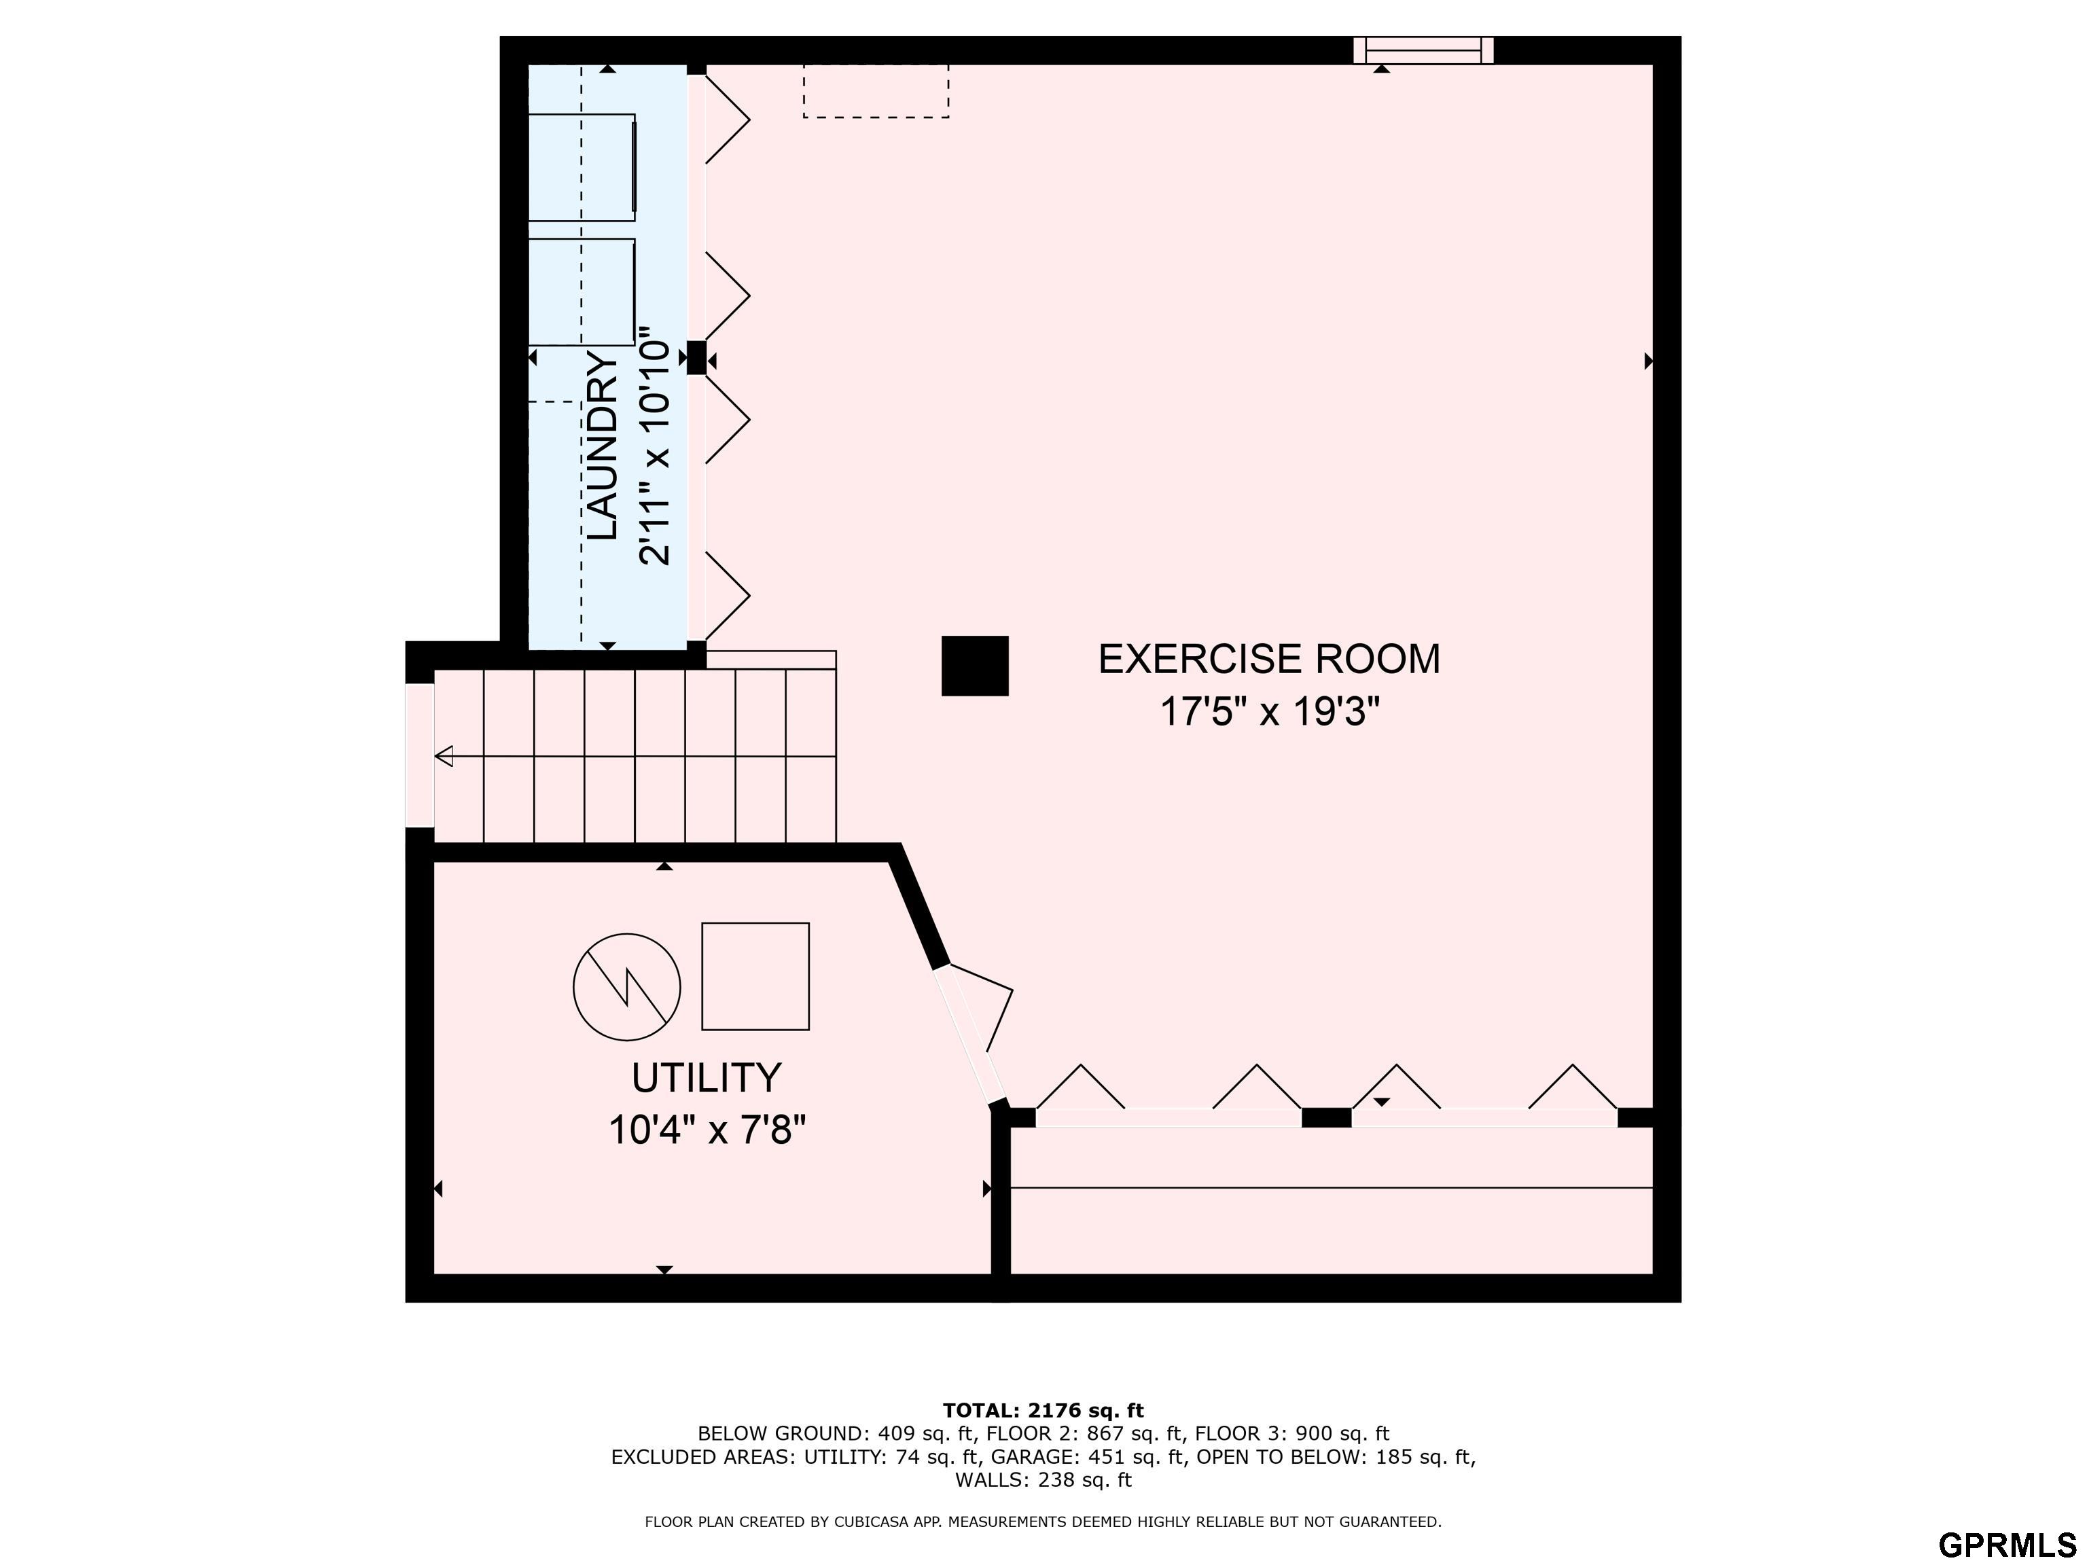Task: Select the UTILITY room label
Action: [x=707, y=1077]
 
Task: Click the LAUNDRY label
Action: [x=603, y=446]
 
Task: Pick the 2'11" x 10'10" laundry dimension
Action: [x=655, y=446]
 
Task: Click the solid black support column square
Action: [x=975, y=666]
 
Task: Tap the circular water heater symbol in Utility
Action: [x=626, y=987]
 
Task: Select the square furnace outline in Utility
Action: [x=755, y=976]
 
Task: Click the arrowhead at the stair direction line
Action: [x=444, y=755]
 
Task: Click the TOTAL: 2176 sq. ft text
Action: [x=1043, y=1410]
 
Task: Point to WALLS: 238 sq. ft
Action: [x=1043, y=1479]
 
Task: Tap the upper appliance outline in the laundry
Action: [x=581, y=167]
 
